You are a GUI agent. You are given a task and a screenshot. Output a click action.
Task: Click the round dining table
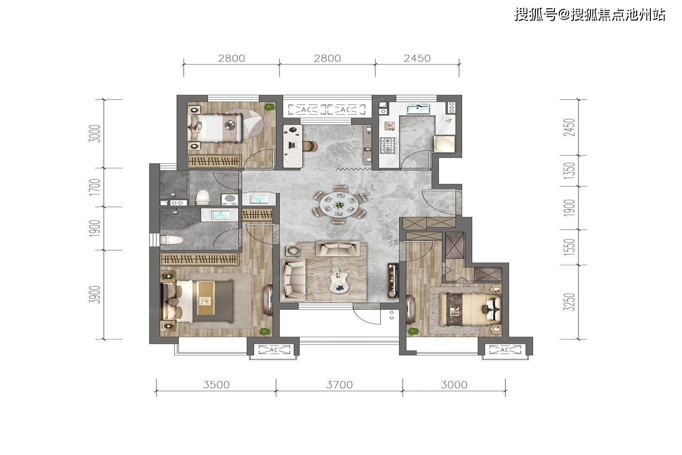[x=339, y=203]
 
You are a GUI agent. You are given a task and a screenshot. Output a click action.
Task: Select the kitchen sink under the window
[x=418, y=109]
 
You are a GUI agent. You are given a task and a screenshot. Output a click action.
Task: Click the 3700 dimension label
[x=340, y=385]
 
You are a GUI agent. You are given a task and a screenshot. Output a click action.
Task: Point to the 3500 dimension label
[x=216, y=385]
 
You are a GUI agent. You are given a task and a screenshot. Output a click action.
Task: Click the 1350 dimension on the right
[x=569, y=171]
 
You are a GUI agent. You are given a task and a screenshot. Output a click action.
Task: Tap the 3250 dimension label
[x=569, y=302]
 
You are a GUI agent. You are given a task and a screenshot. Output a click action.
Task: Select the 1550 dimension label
[x=569, y=247]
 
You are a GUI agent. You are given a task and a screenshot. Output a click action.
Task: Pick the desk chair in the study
[x=310, y=146]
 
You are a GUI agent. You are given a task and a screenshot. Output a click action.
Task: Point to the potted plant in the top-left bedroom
[x=269, y=107]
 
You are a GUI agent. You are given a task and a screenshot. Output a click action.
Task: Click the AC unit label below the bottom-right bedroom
[x=505, y=350]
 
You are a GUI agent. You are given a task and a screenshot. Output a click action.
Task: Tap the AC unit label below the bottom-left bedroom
[x=274, y=350]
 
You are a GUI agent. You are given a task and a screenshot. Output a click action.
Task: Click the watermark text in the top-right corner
[x=590, y=14]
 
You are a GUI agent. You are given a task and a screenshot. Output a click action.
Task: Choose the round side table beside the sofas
[x=293, y=251]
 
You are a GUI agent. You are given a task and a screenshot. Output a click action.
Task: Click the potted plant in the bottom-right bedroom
[x=413, y=331]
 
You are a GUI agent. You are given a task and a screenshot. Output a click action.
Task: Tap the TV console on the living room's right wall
[x=393, y=280]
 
